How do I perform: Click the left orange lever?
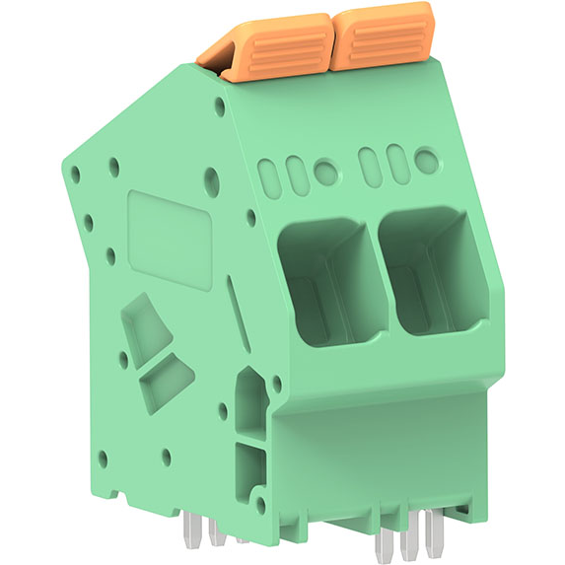click(271, 49)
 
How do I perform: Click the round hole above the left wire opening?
click(325, 173)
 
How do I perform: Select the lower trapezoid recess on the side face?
click(165, 383)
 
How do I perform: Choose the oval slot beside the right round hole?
click(396, 162)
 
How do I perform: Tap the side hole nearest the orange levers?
click(209, 180)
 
